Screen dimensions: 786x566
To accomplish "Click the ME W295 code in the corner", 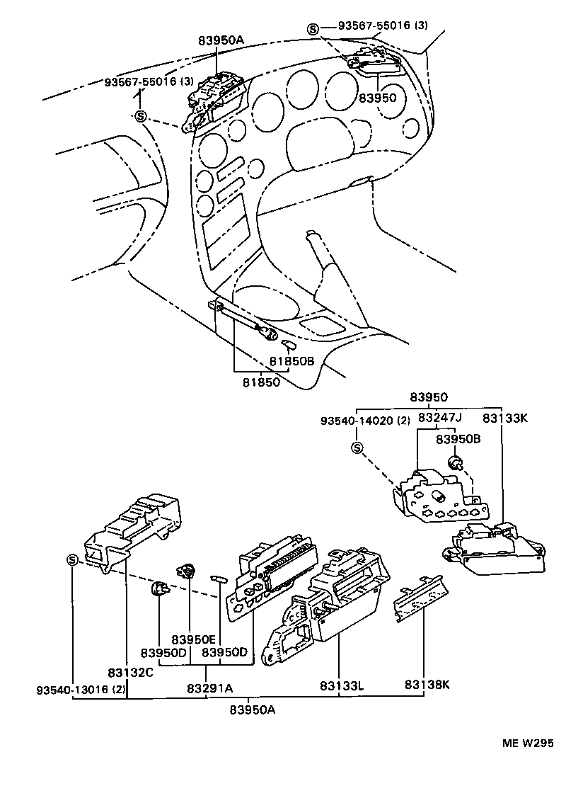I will (527, 743).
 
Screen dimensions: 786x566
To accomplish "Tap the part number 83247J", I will (439, 418).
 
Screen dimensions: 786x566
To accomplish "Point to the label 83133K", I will (505, 418).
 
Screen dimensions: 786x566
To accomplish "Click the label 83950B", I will (458, 439).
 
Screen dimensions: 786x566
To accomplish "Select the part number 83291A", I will (209, 687).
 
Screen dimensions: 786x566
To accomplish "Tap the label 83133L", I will (342, 685).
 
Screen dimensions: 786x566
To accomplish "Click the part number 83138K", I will (427, 685).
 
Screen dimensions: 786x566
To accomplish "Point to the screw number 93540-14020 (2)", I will (364, 420).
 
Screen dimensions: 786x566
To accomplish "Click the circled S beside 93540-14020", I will (357, 448).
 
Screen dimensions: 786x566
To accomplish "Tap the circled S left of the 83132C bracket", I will (72, 560).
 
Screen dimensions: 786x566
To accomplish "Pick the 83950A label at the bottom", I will (252, 710).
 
